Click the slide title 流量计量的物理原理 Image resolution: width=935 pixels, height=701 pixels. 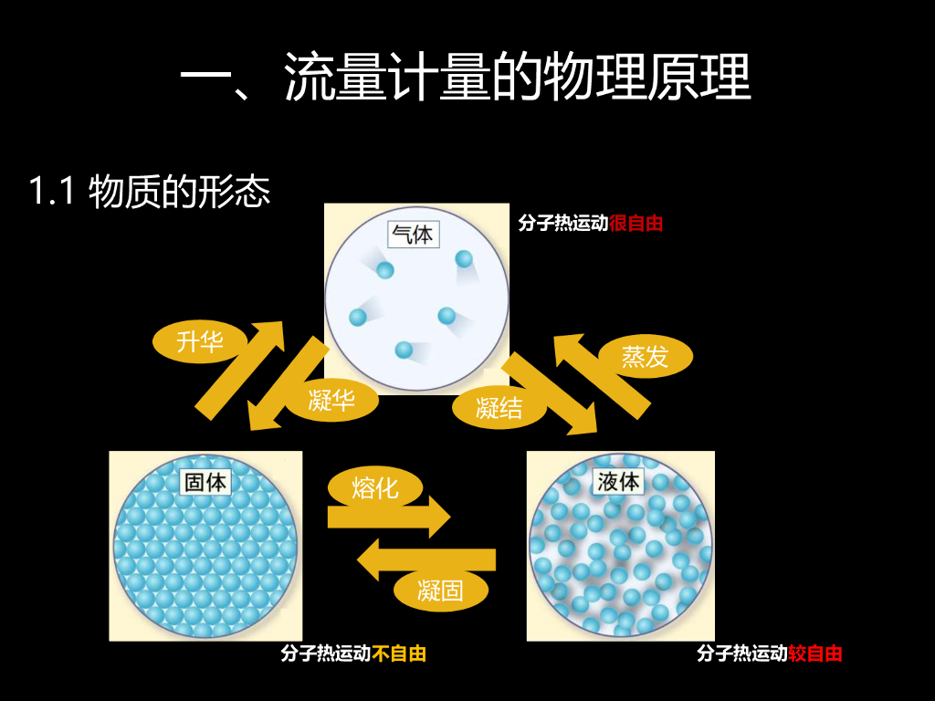(x=466, y=77)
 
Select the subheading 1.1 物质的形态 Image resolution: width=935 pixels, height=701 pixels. (x=150, y=193)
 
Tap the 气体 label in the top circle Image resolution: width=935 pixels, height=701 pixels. (x=412, y=235)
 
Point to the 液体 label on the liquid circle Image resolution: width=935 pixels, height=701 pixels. (x=618, y=481)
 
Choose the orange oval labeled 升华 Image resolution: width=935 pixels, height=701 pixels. (x=200, y=342)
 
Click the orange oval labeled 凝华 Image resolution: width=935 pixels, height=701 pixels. (x=331, y=399)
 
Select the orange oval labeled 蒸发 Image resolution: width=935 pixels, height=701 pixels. (x=645, y=357)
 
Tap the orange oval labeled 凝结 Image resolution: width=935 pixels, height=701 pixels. (x=499, y=407)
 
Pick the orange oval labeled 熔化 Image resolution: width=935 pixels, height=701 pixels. (x=374, y=487)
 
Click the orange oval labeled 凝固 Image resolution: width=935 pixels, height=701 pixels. (x=440, y=590)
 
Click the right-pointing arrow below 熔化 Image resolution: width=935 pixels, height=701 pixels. (x=389, y=518)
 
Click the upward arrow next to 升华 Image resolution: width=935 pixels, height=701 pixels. (x=241, y=370)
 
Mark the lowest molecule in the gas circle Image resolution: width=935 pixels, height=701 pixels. (x=404, y=350)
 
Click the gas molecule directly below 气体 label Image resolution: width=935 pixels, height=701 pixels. (x=385, y=270)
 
